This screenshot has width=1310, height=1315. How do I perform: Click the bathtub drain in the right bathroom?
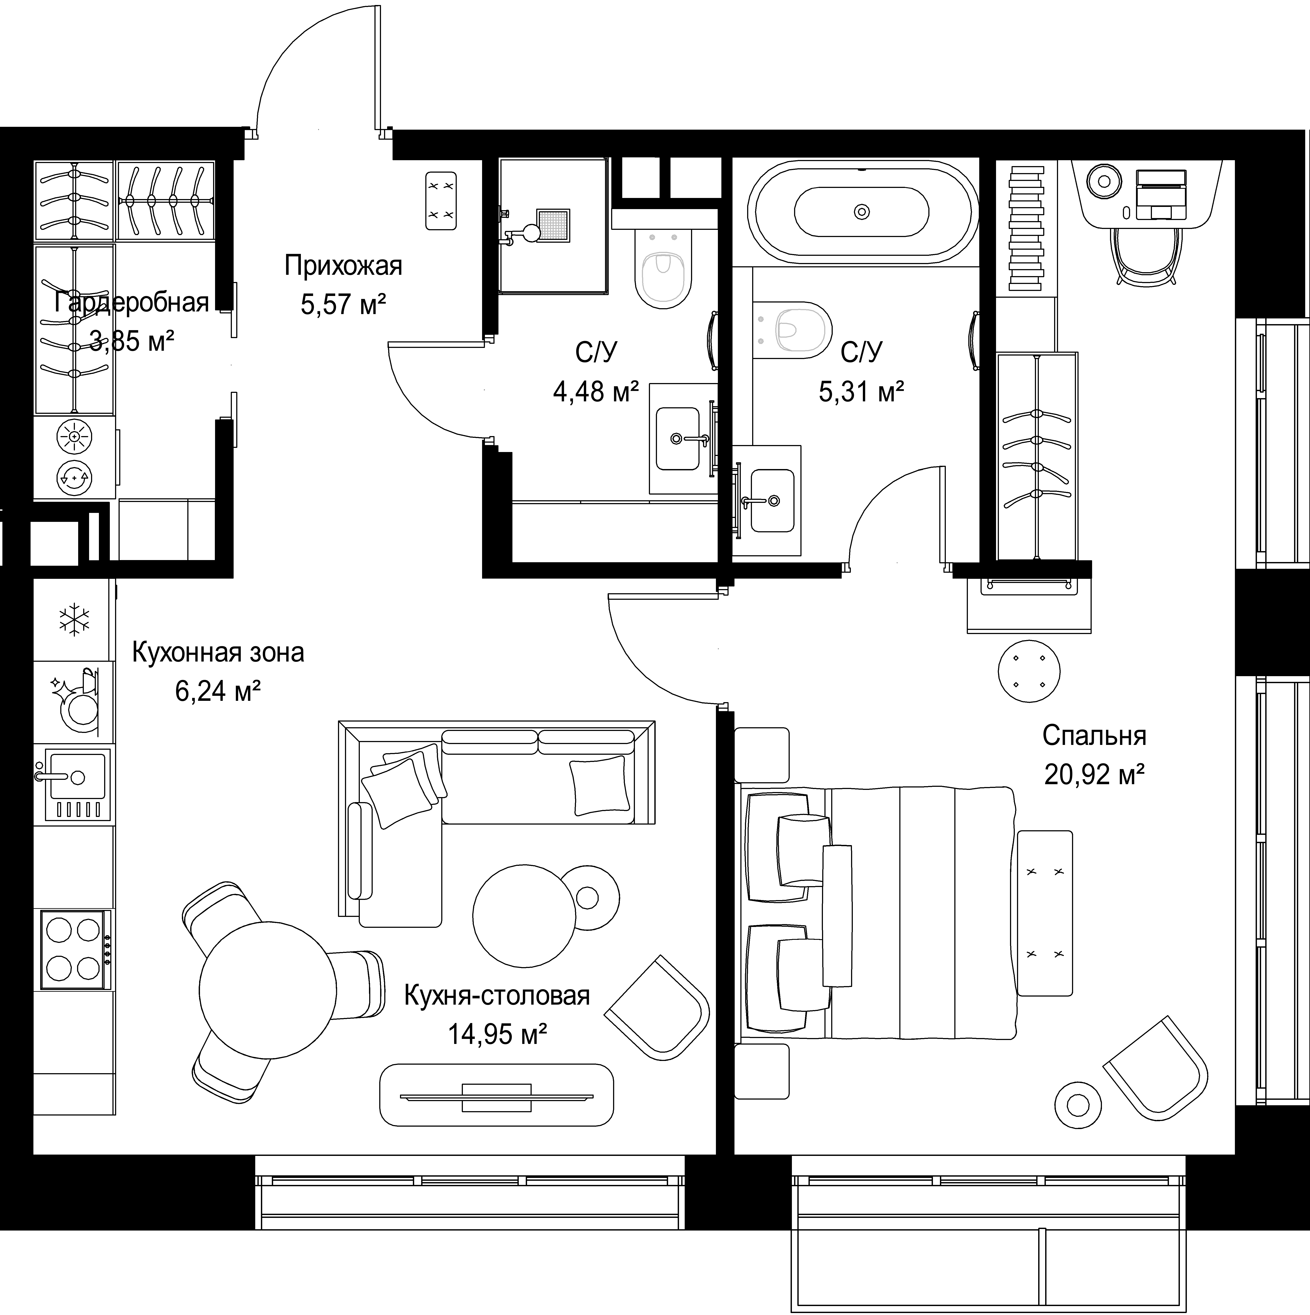click(x=862, y=212)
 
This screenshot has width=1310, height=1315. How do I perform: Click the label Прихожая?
click(x=343, y=265)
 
